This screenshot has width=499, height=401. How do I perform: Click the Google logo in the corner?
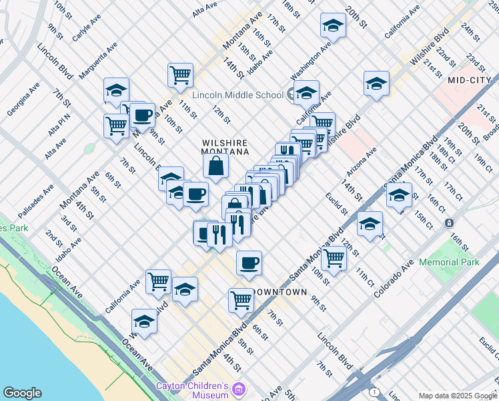click(x=22, y=393)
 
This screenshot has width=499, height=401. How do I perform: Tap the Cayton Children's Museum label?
click(x=192, y=390)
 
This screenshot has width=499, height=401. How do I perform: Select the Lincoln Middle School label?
click(x=238, y=95)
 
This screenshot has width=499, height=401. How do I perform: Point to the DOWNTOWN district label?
click(x=279, y=292)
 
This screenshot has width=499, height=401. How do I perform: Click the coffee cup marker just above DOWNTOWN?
click(x=249, y=263)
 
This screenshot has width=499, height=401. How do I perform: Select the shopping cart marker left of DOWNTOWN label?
click(x=241, y=299)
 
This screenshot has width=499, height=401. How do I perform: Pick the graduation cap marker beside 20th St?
click(x=332, y=25)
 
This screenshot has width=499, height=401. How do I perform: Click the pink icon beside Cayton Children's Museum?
click(x=239, y=389)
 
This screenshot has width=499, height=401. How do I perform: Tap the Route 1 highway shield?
click(x=375, y=392)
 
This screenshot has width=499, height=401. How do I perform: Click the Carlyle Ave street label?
click(x=86, y=27)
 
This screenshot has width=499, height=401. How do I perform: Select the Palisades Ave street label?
click(x=35, y=201)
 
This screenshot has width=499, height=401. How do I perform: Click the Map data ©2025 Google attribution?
click(x=458, y=395)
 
